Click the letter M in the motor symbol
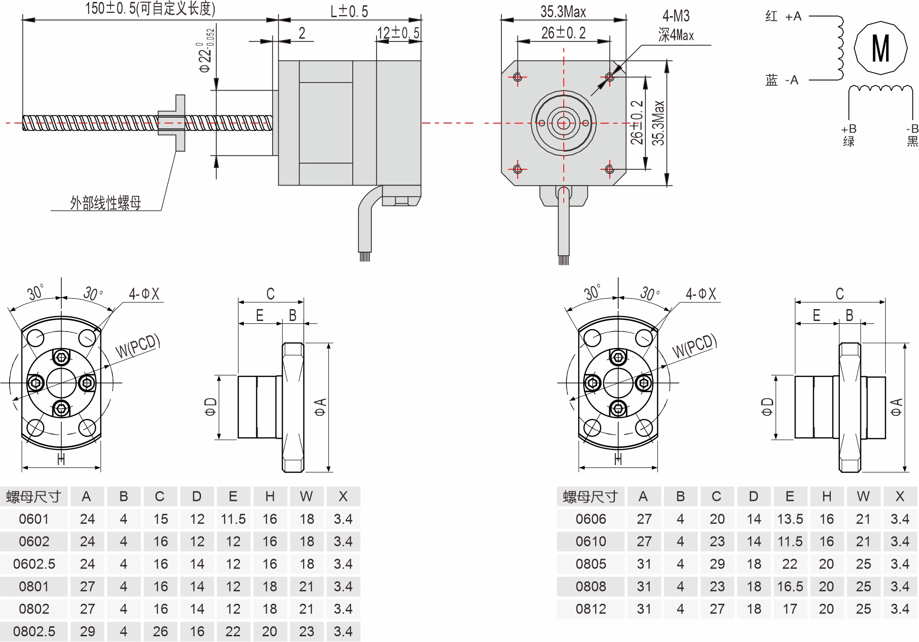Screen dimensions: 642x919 tap(880, 48)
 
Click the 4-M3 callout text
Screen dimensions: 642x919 tap(676, 16)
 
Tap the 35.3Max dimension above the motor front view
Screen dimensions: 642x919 tap(563, 11)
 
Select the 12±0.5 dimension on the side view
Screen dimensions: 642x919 tap(398, 33)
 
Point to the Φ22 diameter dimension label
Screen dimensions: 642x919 tap(206, 52)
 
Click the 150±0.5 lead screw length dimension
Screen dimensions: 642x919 tap(150, 8)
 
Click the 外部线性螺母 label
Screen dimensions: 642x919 tap(105, 203)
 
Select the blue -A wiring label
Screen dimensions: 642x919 tap(782, 80)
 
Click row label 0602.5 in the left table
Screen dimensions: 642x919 tap(34, 564)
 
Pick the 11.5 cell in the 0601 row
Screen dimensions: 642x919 tap(233, 519)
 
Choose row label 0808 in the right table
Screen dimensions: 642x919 tap(591, 586)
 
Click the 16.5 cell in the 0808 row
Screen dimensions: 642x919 tap(790, 586)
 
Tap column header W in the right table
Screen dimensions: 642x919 tap(863, 497)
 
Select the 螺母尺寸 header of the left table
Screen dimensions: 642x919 tap(34, 497)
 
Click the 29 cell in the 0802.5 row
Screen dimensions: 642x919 tap(87, 631)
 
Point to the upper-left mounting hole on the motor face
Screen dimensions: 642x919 tap(518, 77)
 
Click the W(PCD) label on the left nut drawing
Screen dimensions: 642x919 tap(137, 346)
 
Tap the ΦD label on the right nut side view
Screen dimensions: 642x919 tap(767, 407)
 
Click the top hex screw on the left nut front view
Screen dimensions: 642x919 tap(61, 357)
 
